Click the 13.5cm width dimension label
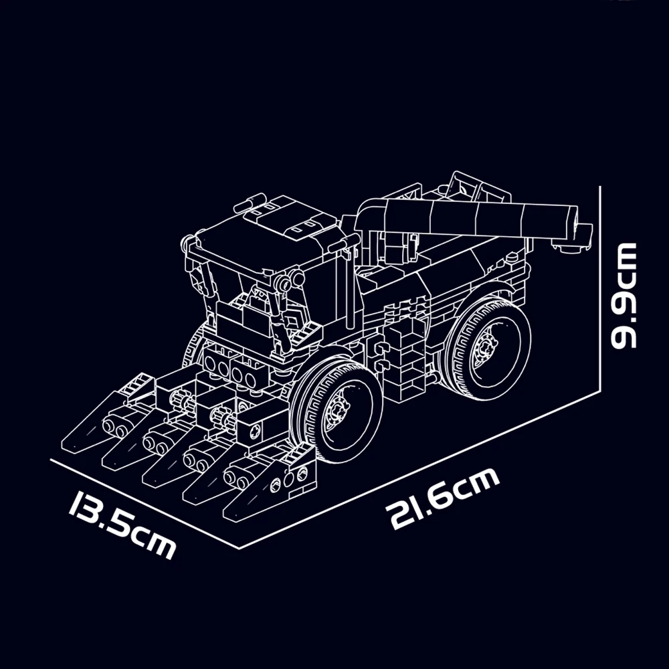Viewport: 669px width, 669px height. (122, 524)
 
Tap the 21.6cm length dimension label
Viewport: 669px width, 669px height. (442, 498)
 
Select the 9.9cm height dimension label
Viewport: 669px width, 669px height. (624, 296)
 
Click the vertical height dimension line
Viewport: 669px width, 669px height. (600, 288)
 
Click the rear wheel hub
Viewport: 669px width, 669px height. (486, 347)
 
